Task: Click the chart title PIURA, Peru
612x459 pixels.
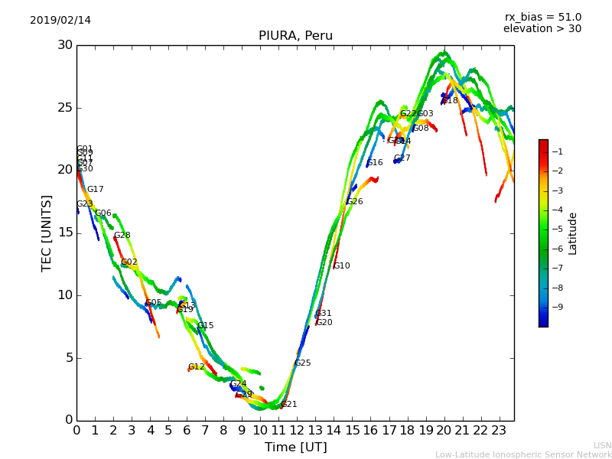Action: pos(295,36)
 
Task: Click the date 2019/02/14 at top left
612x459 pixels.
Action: pos(60,20)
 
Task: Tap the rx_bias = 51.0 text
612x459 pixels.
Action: pos(543,17)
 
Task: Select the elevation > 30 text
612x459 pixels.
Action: pos(542,29)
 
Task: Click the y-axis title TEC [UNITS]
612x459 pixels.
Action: pos(47,233)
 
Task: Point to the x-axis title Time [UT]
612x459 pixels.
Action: pos(295,448)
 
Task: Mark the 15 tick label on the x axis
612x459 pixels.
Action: pos(352,431)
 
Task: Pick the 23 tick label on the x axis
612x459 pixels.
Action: pos(499,431)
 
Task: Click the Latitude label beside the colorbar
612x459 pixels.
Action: pos(573,233)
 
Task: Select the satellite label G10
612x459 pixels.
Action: pos(341,266)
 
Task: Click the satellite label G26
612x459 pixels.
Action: pos(354,202)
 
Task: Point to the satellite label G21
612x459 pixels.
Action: pos(288,405)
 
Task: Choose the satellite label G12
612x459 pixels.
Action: pos(196,367)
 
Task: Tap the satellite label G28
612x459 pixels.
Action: pos(122,236)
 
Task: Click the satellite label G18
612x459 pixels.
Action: pos(450,101)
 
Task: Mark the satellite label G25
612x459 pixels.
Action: pos(302,363)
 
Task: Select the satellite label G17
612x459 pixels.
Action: pos(95,190)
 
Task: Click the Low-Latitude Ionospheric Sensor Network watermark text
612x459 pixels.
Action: pos(523,455)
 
